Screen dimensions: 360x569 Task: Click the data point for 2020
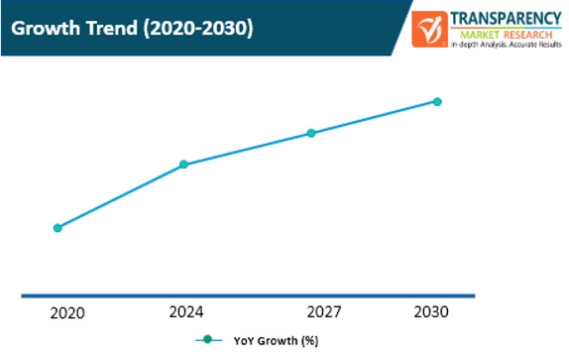(x=57, y=227)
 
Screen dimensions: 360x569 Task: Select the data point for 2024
(x=183, y=164)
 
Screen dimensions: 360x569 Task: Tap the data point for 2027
(x=310, y=132)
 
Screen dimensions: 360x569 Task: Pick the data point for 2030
(x=437, y=101)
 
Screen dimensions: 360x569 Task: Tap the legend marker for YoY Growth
(x=208, y=340)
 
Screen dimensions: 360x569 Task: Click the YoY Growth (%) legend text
(x=276, y=341)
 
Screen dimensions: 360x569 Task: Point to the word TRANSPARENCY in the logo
(x=503, y=17)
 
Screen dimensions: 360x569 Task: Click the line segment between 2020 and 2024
(x=120, y=195)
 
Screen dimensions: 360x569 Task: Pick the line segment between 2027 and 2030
(x=374, y=117)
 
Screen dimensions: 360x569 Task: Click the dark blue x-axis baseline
(x=248, y=295)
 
